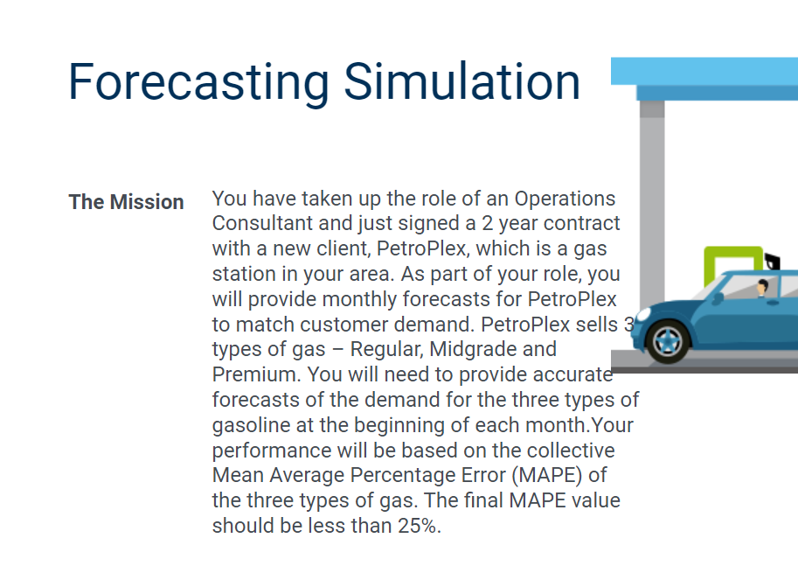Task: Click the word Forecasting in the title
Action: point(199,81)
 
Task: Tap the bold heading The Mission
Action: point(126,202)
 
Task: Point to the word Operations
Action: point(565,198)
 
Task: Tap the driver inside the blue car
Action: point(763,290)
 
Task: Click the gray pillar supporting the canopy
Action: point(651,201)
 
